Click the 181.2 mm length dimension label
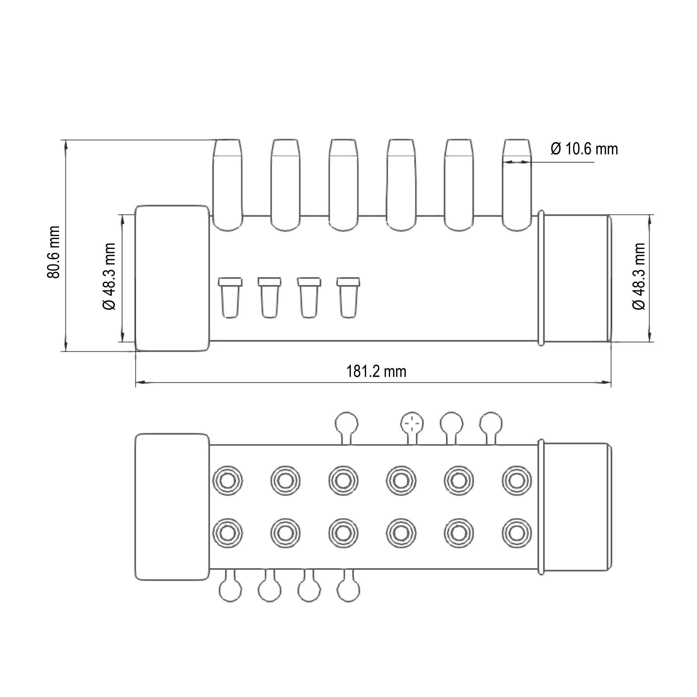(x=376, y=371)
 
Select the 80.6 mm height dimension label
(x=53, y=252)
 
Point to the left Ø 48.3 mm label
(x=109, y=276)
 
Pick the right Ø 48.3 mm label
(x=639, y=276)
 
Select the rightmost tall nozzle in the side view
(x=517, y=185)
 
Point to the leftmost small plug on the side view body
(x=230, y=298)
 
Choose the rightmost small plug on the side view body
(x=348, y=298)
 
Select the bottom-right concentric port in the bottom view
(x=517, y=533)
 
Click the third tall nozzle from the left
(x=343, y=185)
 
